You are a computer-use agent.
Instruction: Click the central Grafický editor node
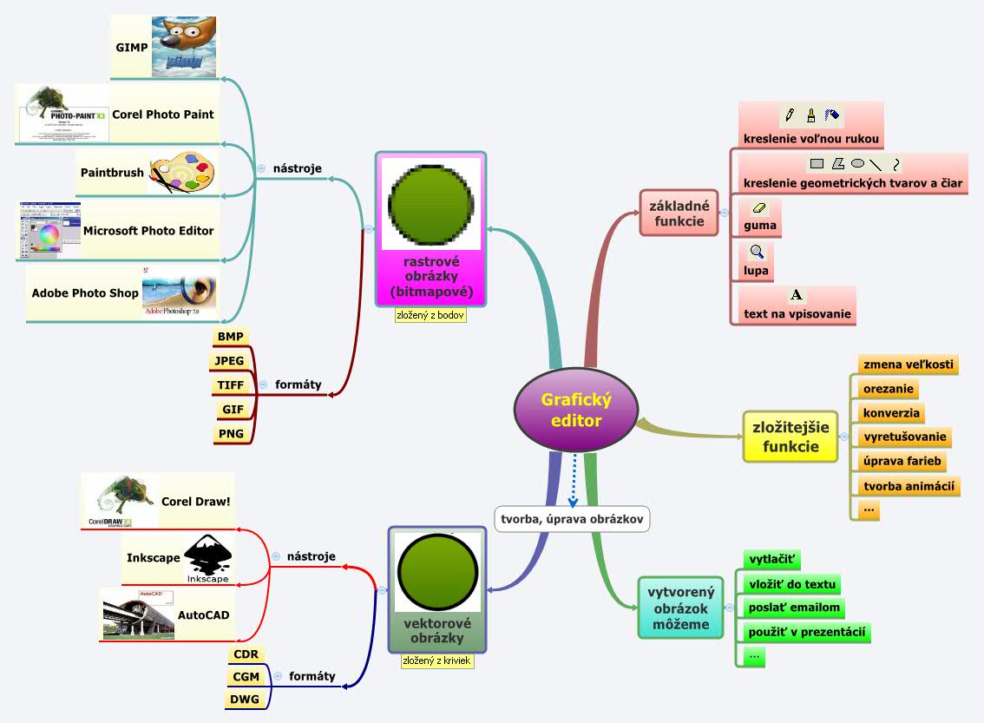(576, 411)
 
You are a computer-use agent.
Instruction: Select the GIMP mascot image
(183, 47)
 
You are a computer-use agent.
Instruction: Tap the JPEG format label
(230, 360)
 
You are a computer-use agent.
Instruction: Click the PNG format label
(230, 433)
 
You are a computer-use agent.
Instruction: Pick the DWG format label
(244, 699)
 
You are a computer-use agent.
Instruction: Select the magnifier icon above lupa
(758, 253)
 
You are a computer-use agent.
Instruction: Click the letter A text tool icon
(797, 296)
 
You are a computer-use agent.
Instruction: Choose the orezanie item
(888, 389)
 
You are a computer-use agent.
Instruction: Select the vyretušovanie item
(904, 437)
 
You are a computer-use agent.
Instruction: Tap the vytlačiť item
(772, 559)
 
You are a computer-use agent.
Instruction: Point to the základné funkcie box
(679, 214)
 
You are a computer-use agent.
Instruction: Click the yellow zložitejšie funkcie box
(790, 437)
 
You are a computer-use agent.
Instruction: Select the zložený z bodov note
(430, 315)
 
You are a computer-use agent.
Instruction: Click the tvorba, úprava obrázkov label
(573, 519)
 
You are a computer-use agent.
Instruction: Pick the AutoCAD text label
(204, 615)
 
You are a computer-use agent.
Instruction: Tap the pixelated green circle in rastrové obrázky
(430, 202)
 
